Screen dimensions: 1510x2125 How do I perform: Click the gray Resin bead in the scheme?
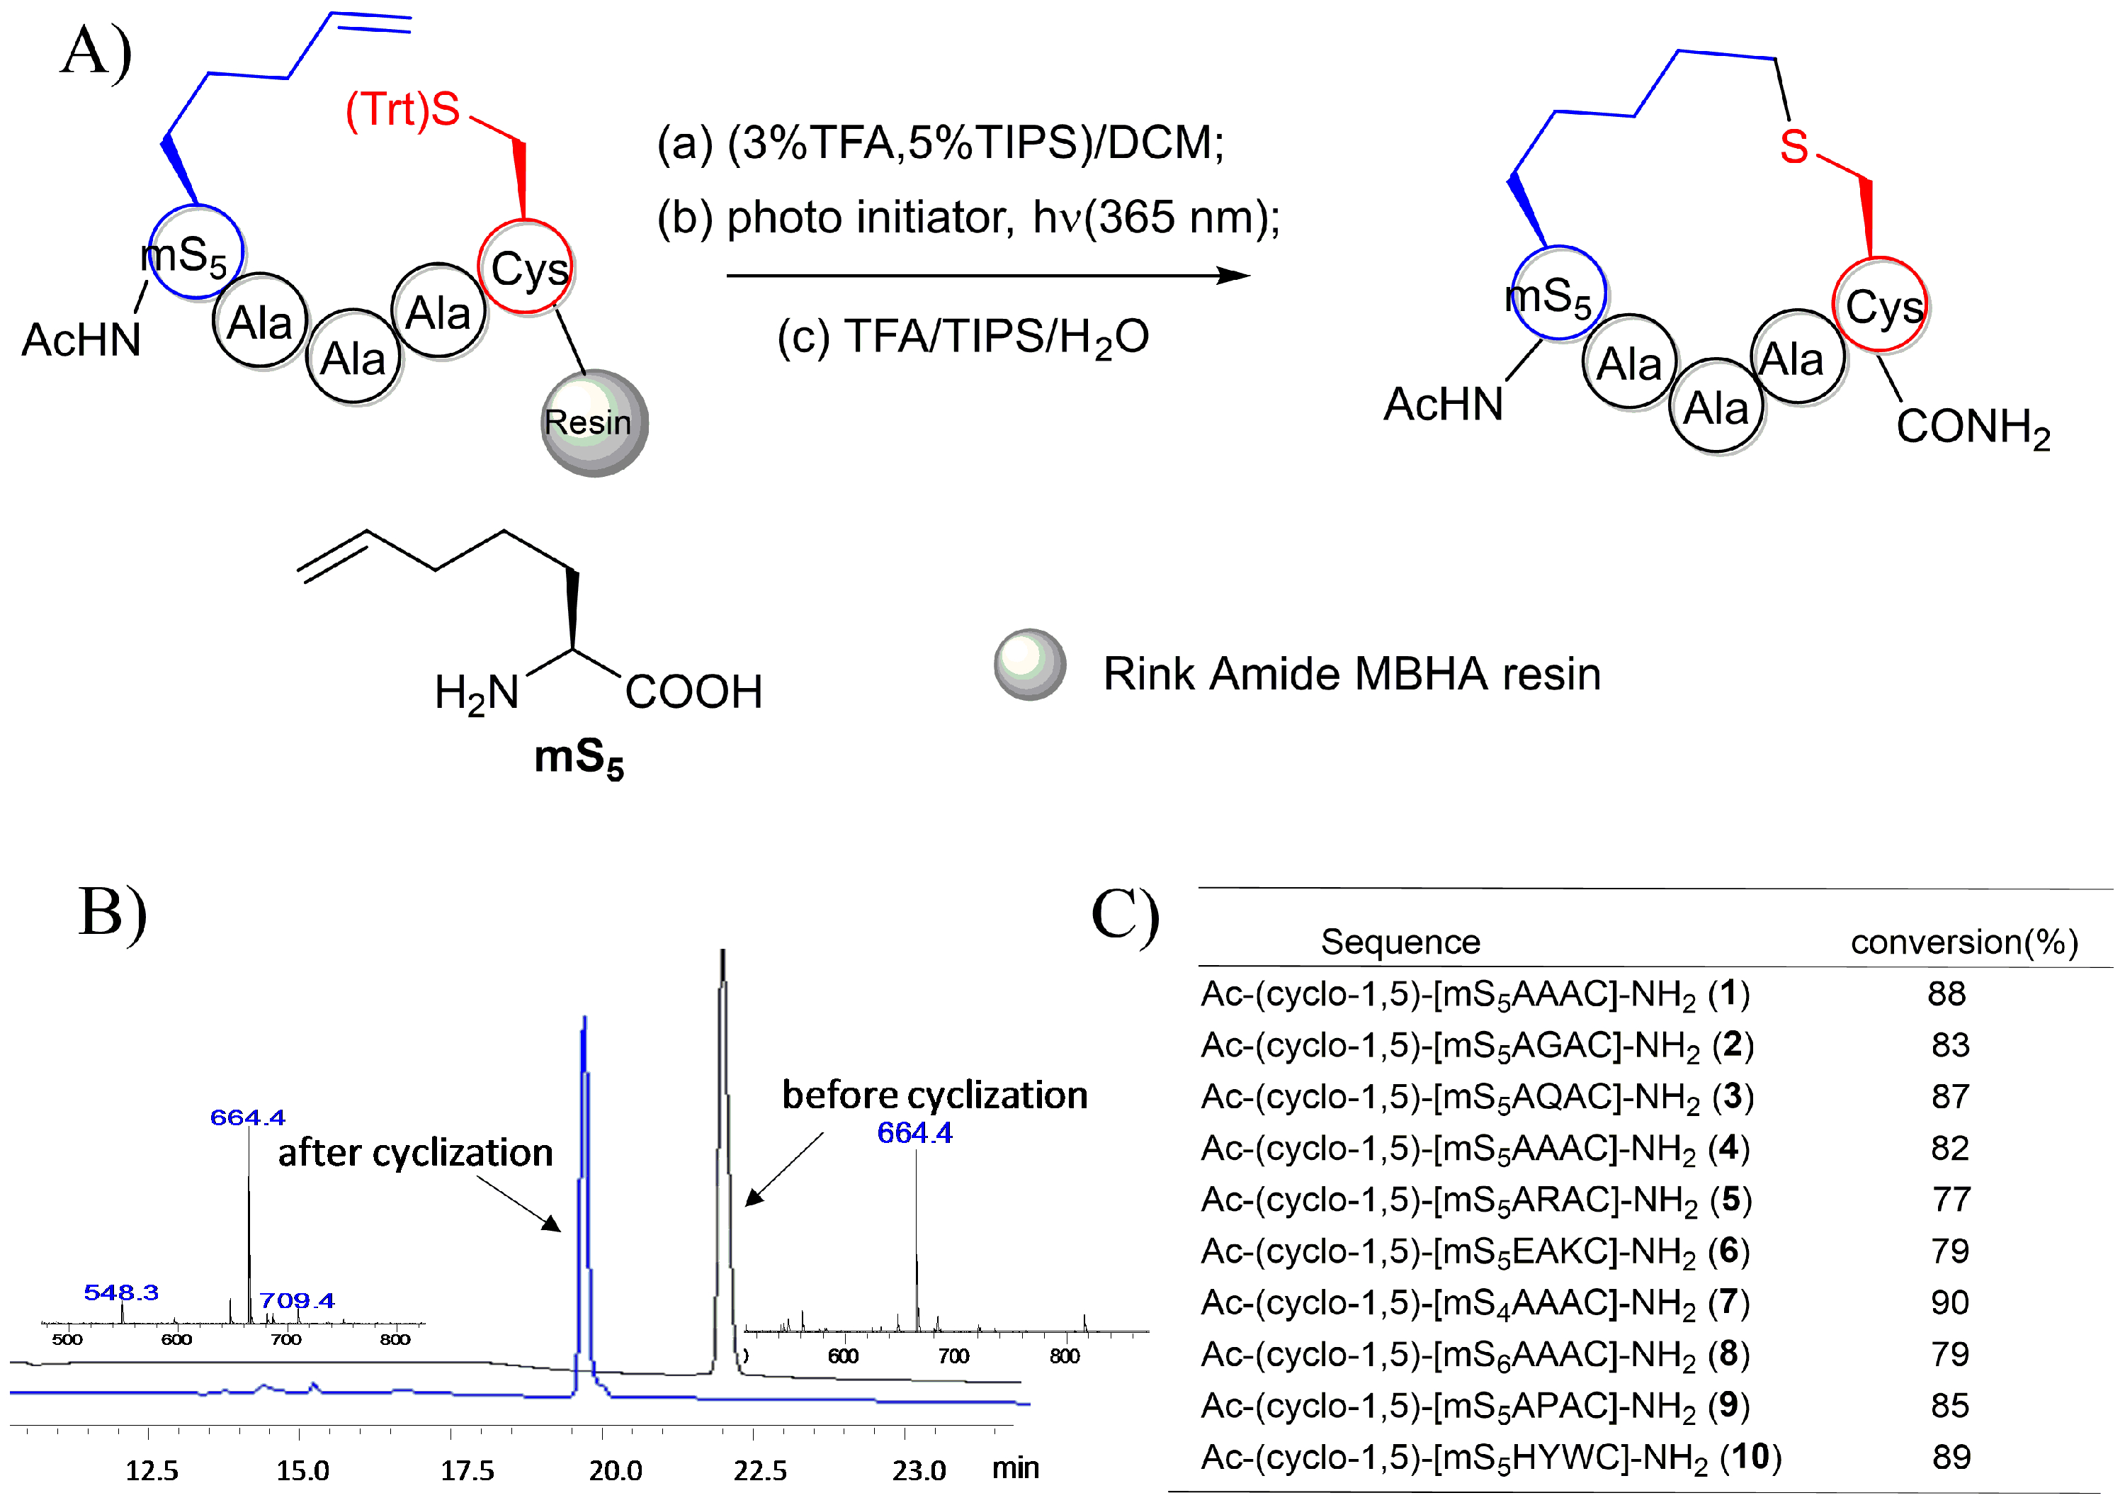[x=593, y=423]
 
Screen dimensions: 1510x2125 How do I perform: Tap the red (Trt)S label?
[x=402, y=110]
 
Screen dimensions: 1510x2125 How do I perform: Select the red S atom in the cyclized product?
[x=1793, y=147]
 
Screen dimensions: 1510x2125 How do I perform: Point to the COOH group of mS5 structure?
[x=693, y=692]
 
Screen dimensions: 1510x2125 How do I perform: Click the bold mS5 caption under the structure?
[x=578, y=757]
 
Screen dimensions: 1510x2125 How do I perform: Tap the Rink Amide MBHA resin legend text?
[x=1351, y=674]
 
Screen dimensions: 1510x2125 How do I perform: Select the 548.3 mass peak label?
[x=121, y=1292]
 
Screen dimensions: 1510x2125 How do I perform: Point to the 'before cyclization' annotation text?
[x=934, y=1095]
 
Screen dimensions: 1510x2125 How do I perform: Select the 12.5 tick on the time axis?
[x=152, y=1470]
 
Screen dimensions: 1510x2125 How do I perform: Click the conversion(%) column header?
[x=1963, y=942]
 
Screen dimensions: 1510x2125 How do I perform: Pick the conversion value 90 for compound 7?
[x=1949, y=1302]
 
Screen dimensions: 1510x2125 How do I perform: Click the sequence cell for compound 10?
[x=1490, y=1457]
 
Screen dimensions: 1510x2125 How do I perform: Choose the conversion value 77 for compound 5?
[x=1950, y=1200]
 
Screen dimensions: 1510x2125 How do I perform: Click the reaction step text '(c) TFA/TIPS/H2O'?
[x=962, y=337]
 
